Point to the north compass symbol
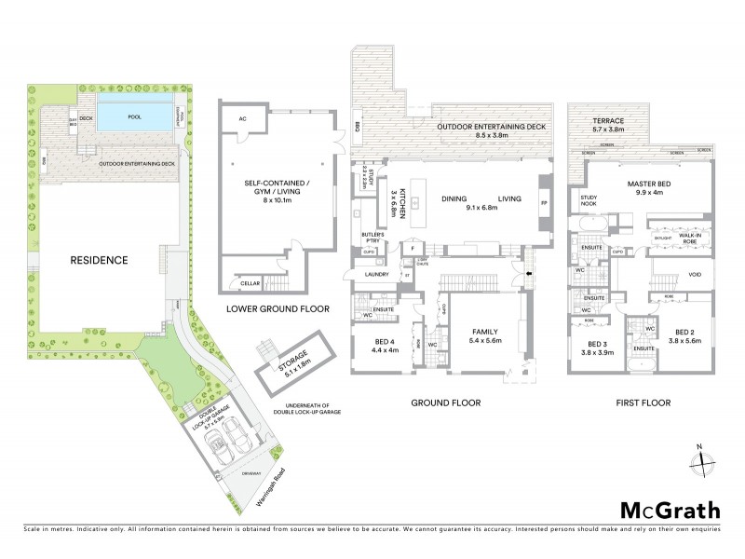point(705,461)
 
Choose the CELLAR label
point(249,283)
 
